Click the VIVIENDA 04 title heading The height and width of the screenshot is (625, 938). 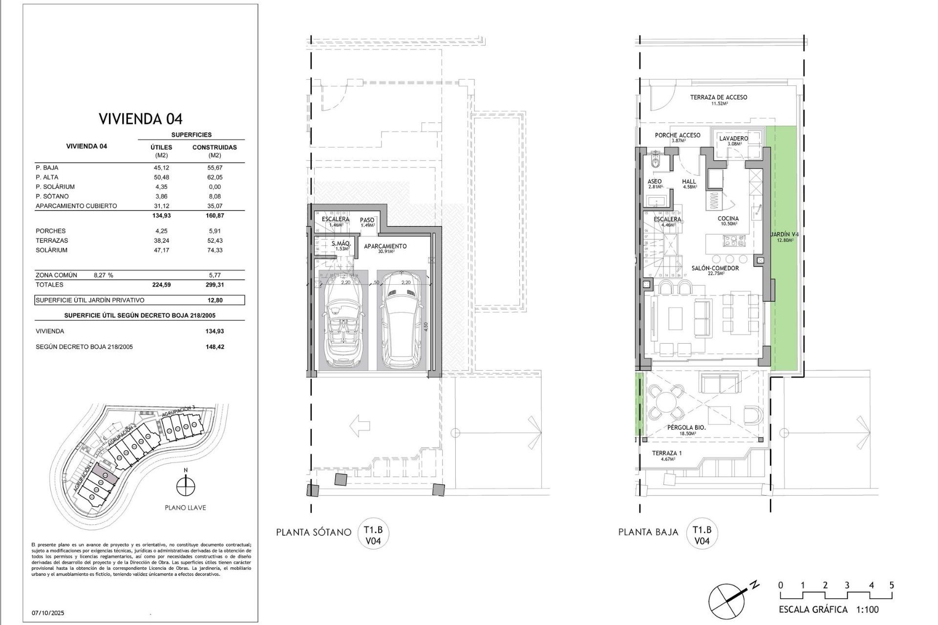(140, 119)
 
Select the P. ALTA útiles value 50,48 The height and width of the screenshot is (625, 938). (161, 177)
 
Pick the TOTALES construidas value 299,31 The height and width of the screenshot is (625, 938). (214, 285)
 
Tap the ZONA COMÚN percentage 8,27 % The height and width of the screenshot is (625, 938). (103, 275)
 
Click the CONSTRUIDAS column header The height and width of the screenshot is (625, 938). (214, 147)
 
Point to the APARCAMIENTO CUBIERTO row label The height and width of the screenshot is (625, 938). (76, 206)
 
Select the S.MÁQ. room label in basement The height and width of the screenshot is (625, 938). (341, 244)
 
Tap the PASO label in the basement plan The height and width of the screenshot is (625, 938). (367, 221)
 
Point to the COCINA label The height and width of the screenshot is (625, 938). (728, 219)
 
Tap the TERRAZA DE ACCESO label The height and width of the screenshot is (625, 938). (718, 98)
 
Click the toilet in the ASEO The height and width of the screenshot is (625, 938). (656, 163)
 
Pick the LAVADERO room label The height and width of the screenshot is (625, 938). (733, 139)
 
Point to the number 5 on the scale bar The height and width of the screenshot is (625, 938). (892, 585)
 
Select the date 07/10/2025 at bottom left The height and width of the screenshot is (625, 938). (48, 613)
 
